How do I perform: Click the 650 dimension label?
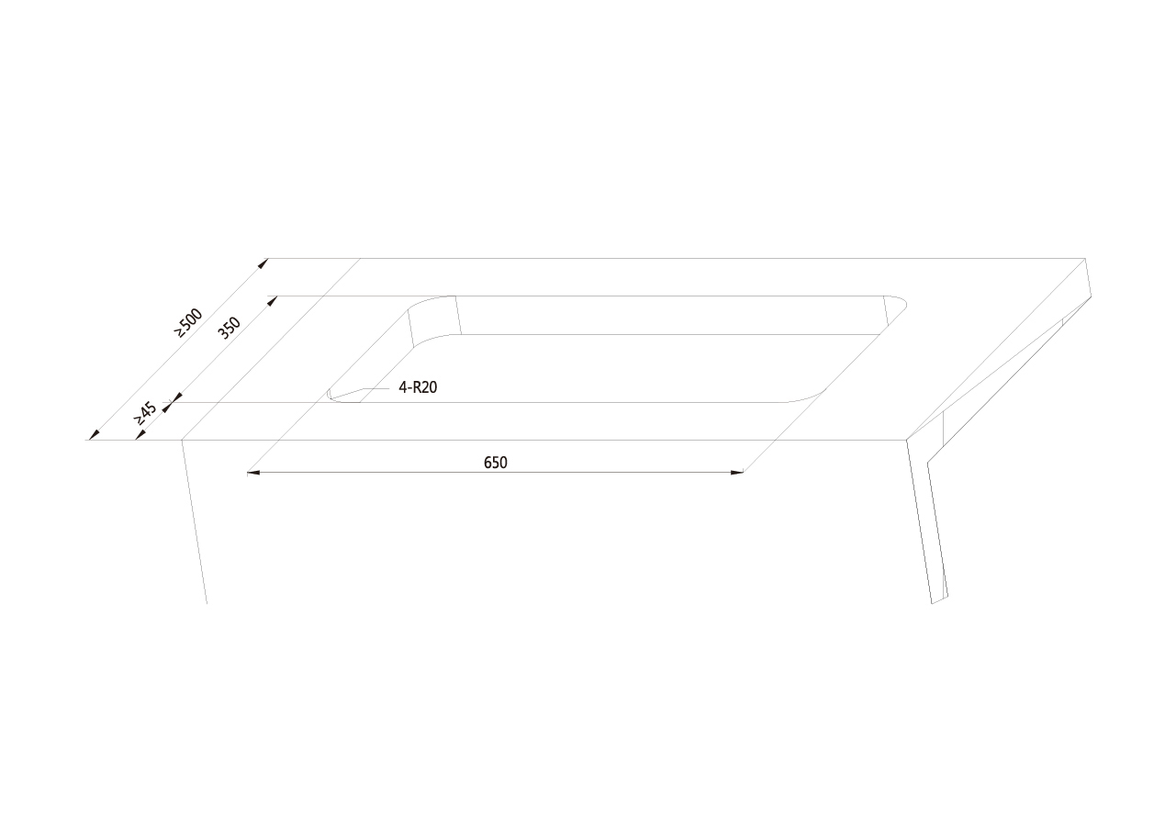click(495, 463)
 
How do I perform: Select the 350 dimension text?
click(229, 328)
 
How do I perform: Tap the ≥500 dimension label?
click(188, 323)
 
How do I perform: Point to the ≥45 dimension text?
click(145, 413)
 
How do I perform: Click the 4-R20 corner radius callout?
click(418, 387)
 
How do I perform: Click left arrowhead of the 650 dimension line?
click(253, 473)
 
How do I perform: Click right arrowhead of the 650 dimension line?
click(737, 473)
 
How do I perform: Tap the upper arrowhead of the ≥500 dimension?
click(263, 263)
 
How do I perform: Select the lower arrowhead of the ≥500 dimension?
click(94, 435)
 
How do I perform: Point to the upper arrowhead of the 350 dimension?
click(273, 300)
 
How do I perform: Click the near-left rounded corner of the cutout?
click(336, 397)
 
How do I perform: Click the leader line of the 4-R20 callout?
click(377, 388)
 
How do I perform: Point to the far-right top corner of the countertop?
click(1085, 258)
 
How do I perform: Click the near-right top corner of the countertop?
click(907, 440)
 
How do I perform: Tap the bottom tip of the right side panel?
click(933, 603)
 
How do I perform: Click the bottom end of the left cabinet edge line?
click(207, 603)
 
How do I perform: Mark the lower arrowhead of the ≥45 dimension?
click(140, 435)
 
